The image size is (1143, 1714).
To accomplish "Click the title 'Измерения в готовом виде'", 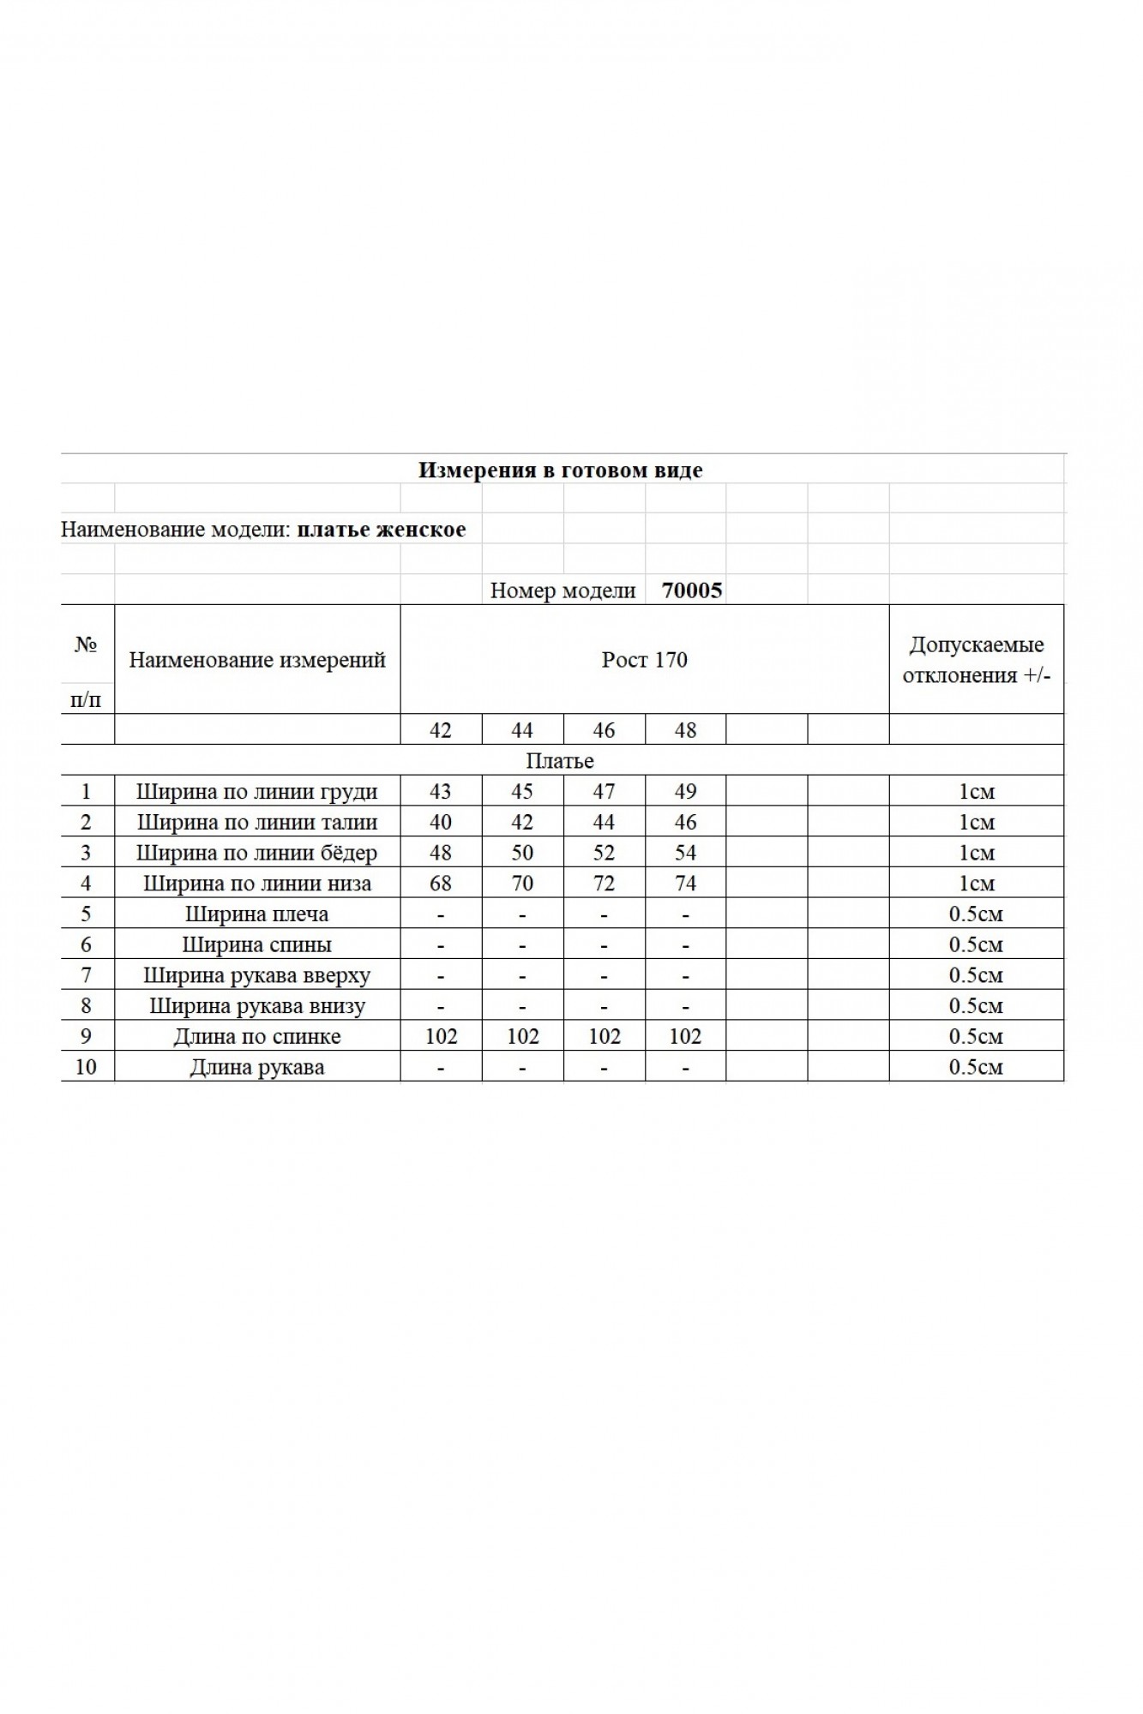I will pos(560,470).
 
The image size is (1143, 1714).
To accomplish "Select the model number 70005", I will pos(692,590).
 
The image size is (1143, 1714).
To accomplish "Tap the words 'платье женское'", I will pos(382,530).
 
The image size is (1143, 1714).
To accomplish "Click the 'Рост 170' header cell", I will pos(645,660).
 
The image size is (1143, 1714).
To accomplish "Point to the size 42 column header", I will pos(441,730).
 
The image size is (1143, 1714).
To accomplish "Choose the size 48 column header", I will pos(686,730).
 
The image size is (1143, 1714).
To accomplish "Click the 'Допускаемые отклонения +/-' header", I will pos(977,660).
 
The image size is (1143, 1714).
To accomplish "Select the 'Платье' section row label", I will pos(560,761).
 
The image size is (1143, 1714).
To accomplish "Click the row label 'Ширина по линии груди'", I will pos(257,792).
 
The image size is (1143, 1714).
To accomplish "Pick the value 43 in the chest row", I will pos(441,792).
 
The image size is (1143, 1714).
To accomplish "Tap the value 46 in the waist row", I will pos(686,823).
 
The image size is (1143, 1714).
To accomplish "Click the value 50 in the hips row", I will pos(522,853).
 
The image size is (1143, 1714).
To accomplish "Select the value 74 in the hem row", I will pos(686,884).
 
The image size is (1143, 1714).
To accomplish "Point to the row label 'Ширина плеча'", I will pos(257,914).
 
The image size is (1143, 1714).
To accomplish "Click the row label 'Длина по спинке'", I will pos(257,1037).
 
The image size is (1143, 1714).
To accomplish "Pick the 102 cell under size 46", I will pos(605,1037).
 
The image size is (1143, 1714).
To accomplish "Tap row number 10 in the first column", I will pos(86,1067).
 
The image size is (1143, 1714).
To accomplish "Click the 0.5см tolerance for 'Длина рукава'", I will pos(976,1067).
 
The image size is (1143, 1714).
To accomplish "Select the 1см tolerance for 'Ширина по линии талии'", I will pos(976,823).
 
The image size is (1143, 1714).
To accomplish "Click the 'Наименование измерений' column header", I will pos(257,660).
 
